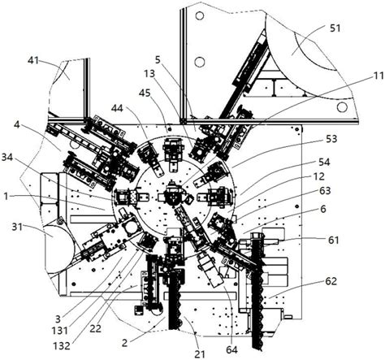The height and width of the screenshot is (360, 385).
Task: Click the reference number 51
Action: (335, 28)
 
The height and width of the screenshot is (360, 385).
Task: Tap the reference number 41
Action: (33, 60)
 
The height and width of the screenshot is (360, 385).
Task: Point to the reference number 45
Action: (145, 93)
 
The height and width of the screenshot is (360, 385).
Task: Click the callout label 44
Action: (117, 109)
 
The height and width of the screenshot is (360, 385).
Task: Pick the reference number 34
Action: (7, 158)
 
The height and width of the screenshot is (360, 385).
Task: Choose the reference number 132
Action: (62, 345)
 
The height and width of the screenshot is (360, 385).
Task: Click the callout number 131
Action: (60, 330)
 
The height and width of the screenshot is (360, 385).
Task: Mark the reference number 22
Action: (95, 328)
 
